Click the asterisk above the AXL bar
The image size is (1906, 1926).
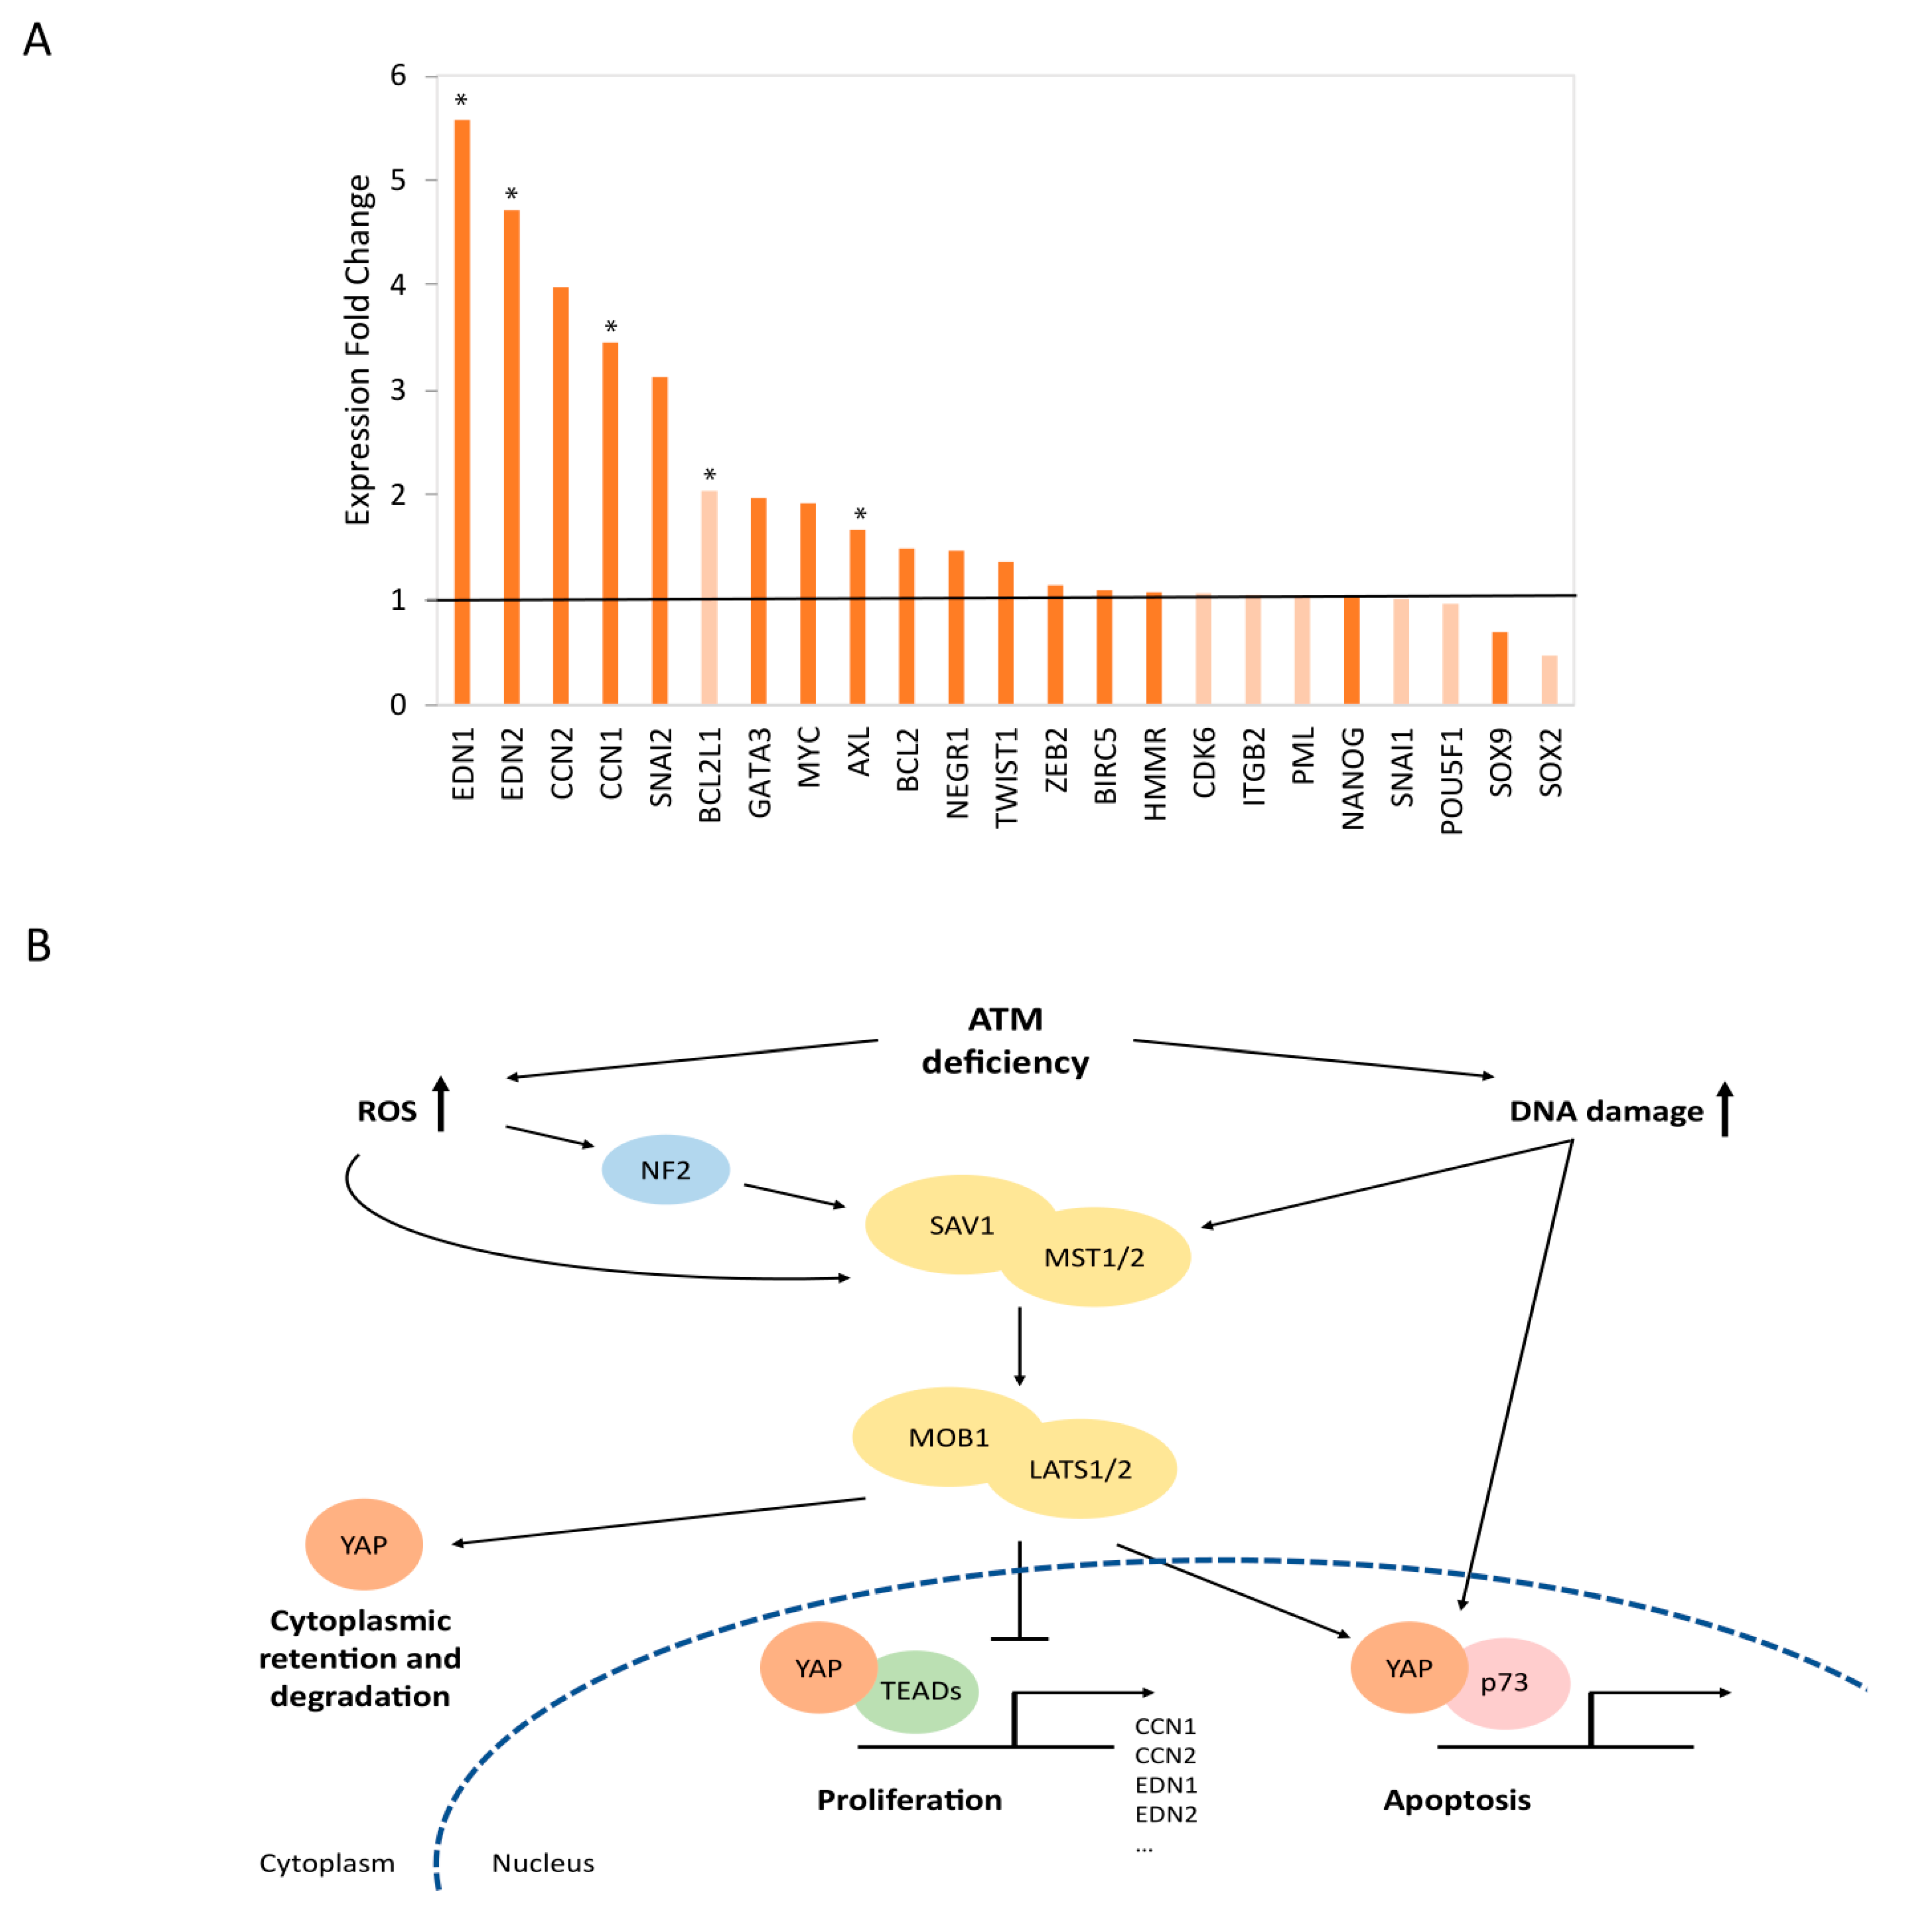[x=859, y=514]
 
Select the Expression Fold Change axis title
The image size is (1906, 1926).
[x=357, y=349]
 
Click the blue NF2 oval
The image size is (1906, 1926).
[x=665, y=1169]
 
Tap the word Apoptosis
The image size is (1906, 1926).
[x=1456, y=1799]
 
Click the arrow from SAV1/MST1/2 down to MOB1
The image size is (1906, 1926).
[x=1019, y=1346]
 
